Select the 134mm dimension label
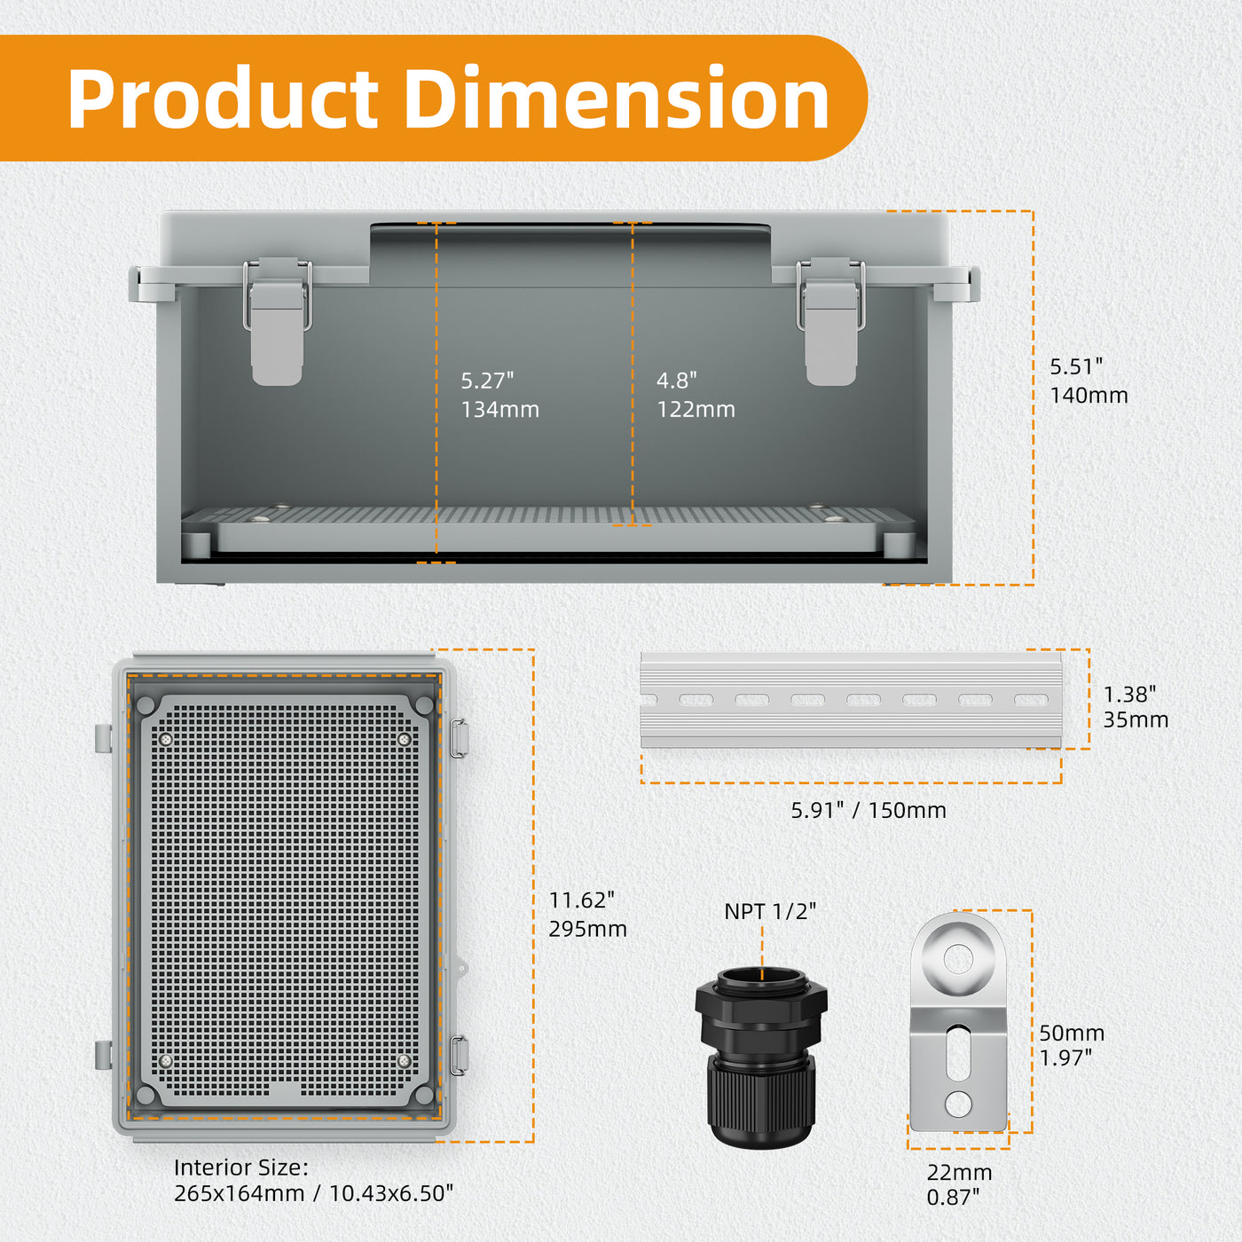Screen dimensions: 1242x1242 pos(499,409)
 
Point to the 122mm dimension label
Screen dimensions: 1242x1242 pos(696,409)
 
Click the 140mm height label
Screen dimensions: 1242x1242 pos(1089,395)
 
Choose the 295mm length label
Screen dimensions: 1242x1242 pos(587,929)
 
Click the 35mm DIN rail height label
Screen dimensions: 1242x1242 pos(1135,719)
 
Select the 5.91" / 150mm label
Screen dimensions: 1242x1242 pos(869,810)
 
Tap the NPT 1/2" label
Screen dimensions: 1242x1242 pos(769,911)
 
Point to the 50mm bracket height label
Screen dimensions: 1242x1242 pos(1071,1033)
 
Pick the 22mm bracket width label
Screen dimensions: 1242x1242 pos(959,1172)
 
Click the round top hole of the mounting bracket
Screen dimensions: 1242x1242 pos(958,959)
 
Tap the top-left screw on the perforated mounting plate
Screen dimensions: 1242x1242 pos(166,739)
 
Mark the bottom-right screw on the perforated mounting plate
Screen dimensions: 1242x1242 pos(404,1061)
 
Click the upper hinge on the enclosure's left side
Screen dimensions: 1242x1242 pos(104,738)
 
